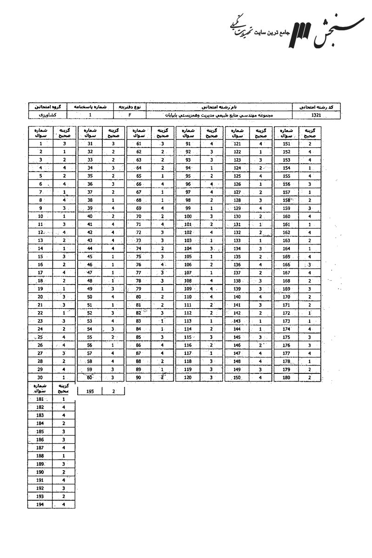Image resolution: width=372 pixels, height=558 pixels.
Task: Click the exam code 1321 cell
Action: [316, 114]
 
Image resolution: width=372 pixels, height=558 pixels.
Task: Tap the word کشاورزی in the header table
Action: [48, 114]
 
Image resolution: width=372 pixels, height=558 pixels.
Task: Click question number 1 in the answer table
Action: [41, 144]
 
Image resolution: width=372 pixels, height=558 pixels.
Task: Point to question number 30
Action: [41, 377]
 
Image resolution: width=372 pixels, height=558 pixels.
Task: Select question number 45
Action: [90, 256]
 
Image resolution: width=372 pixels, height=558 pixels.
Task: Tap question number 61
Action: [139, 144]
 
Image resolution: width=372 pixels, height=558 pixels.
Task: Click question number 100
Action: [188, 216]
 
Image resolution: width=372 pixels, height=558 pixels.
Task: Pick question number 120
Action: [188, 377]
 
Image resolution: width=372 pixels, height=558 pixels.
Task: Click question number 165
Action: [286, 256]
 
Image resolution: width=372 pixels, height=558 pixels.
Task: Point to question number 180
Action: [286, 377]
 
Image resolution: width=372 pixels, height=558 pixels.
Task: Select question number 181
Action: [41, 399]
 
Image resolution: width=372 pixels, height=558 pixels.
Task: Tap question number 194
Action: [41, 504]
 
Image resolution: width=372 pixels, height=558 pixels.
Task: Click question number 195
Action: [90, 392]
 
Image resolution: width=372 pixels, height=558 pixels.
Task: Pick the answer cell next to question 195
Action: [113, 392]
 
